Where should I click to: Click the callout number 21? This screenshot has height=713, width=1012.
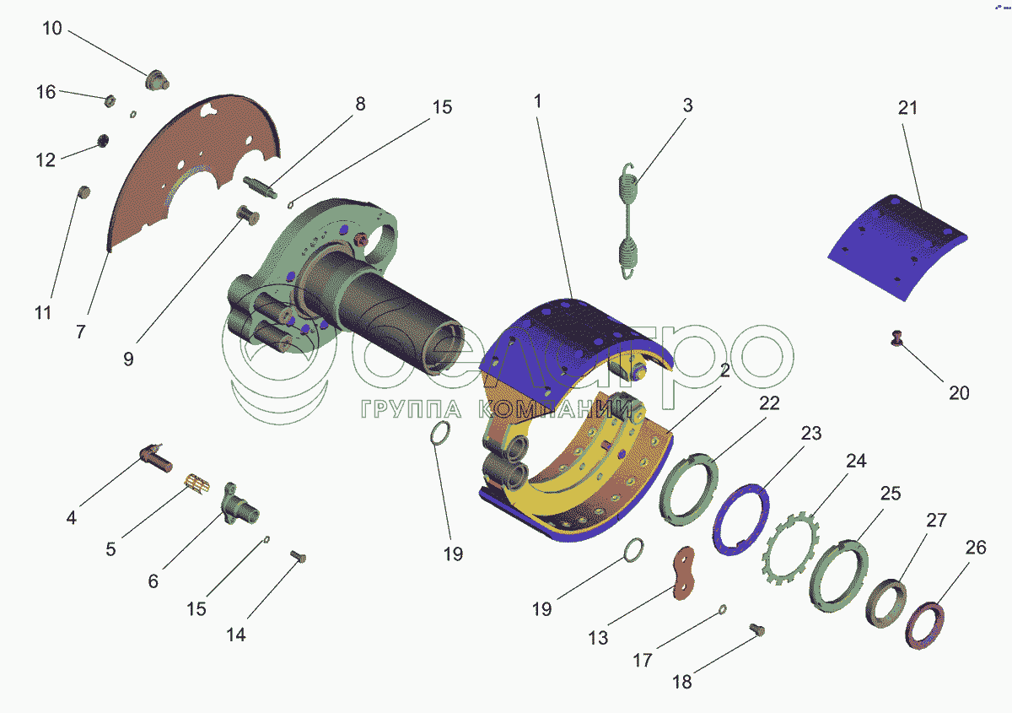pos(907,108)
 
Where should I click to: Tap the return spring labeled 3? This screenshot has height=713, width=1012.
pos(628,221)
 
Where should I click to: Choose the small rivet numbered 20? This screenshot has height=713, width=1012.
pos(896,338)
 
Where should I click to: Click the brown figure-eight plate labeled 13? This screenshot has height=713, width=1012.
pos(683,573)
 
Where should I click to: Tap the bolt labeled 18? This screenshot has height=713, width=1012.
pos(757,629)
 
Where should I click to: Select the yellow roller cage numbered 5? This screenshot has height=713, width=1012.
pos(197,483)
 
